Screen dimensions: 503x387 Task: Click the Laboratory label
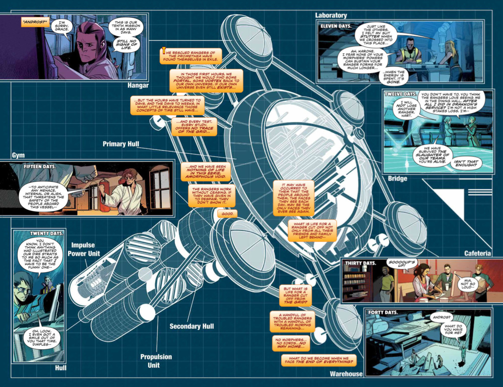click(331, 15)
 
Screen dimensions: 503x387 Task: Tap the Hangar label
click(138, 85)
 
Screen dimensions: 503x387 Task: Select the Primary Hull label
click(121, 144)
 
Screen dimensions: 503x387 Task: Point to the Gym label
click(18, 155)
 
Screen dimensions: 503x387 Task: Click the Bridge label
click(397, 178)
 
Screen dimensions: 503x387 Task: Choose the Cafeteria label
click(477, 253)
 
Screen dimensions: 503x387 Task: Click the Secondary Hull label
click(192, 326)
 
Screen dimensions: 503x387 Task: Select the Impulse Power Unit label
click(83, 249)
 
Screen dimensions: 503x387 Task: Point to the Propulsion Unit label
click(156, 361)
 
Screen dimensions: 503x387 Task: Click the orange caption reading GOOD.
click(227, 214)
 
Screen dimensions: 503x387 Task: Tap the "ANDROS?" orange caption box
click(35, 22)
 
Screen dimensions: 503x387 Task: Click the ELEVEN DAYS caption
click(336, 26)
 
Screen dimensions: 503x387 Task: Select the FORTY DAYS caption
click(383, 312)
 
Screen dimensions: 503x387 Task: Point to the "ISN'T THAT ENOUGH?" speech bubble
click(466, 163)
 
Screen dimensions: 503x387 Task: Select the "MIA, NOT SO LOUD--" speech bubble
click(468, 284)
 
